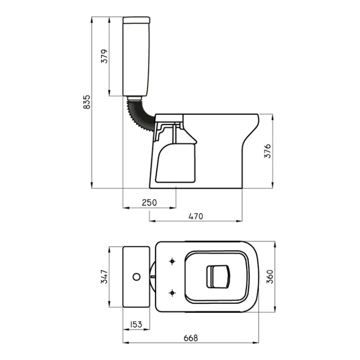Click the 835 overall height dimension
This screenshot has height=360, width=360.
86,102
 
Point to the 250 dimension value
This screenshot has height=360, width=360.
149,202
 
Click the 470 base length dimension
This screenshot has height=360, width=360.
195,216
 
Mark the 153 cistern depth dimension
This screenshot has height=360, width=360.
136,323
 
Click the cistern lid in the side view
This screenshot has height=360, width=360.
136,20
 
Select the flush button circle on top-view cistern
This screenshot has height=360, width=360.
136,277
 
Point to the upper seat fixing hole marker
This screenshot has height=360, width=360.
172,261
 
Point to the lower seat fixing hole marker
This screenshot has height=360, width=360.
172,292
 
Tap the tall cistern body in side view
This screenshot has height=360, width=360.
136,59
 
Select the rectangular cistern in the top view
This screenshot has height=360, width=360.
136,277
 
